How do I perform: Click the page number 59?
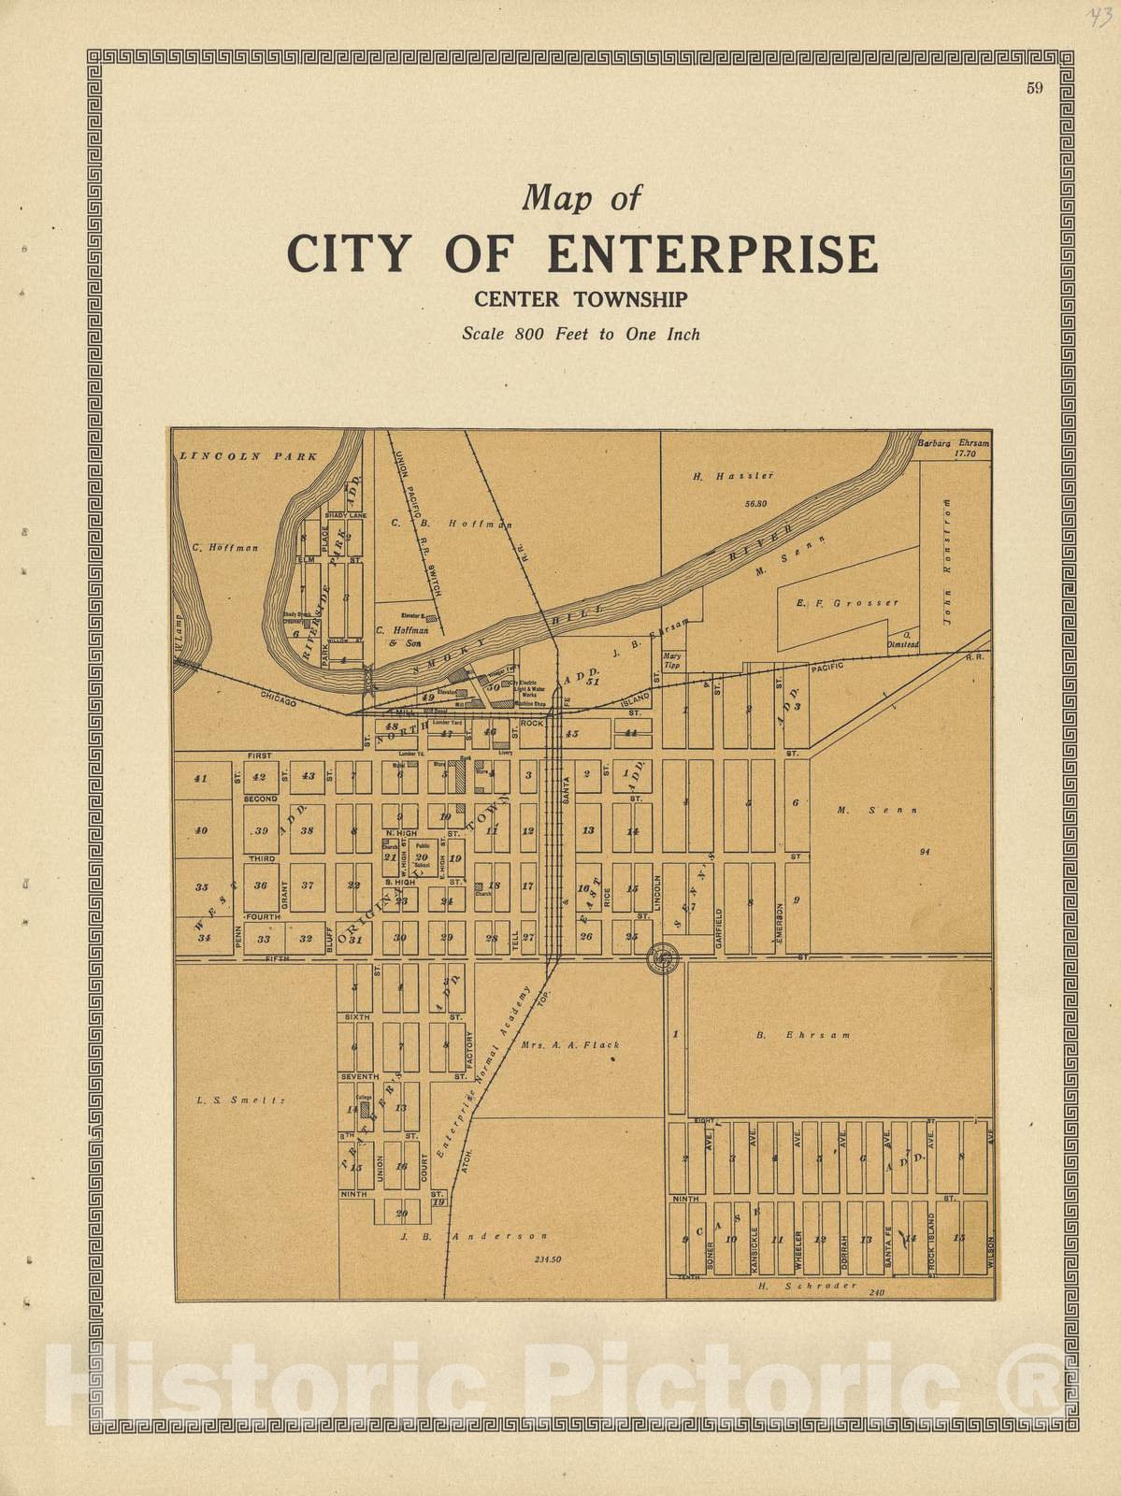coord(1034,89)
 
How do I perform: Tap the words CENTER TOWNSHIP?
coord(581,300)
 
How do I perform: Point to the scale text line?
coord(580,333)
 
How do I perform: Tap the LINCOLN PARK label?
coord(248,456)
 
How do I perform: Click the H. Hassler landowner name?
coord(723,476)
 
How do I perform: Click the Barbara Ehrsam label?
coord(953,443)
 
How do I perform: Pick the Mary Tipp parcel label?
coord(670,661)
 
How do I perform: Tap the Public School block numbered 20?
coord(422,857)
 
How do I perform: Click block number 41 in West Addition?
coord(199,778)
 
